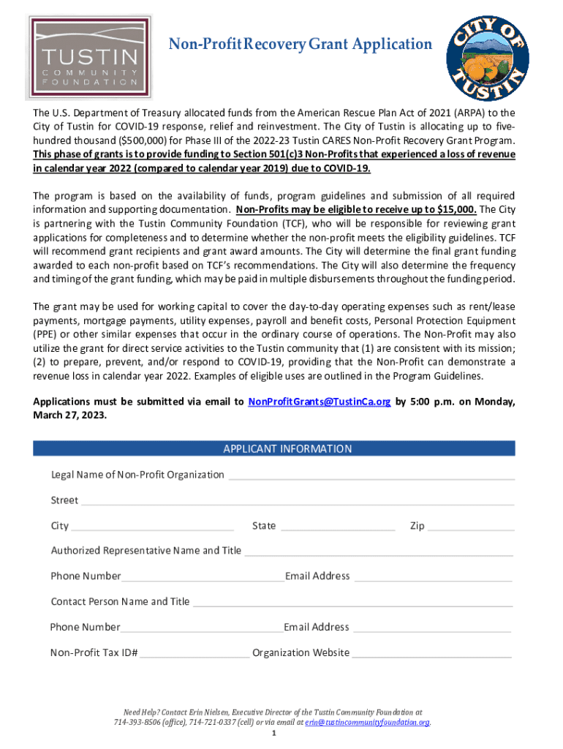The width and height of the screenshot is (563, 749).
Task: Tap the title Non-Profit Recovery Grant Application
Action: click(301, 45)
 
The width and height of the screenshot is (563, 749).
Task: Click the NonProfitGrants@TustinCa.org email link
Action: click(320, 402)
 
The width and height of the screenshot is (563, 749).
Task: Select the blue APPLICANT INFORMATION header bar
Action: click(274, 448)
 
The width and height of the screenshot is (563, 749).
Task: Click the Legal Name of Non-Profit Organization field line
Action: click(371, 476)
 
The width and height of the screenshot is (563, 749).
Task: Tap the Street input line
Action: click(298, 503)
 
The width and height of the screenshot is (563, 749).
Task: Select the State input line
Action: click(338, 527)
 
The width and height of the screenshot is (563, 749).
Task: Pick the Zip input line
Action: click(472, 527)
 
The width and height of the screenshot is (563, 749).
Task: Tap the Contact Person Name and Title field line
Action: click(352, 604)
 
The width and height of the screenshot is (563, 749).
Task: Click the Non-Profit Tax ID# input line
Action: click(194, 655)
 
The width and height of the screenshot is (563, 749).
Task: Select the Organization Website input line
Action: click(432, 655)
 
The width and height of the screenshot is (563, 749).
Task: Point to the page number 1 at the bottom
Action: click(273, 734)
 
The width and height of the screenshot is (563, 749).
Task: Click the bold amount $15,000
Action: click(456, 208)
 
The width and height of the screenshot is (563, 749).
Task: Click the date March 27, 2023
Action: click(70, 414)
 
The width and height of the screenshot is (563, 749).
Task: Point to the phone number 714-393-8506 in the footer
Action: click(137, 722)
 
